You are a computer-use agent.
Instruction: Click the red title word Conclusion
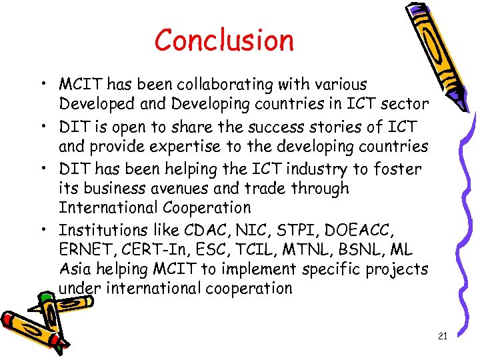pos(224,41)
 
